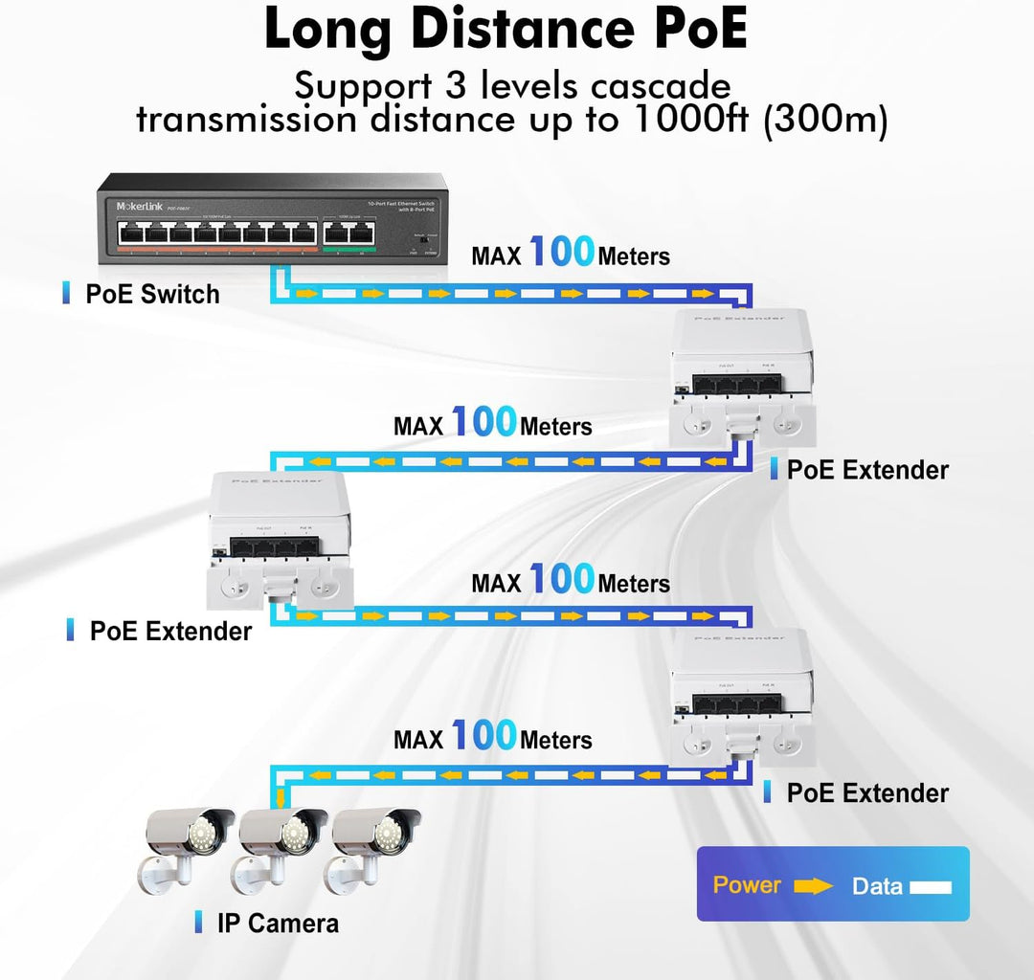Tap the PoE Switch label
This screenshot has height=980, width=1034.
point(151,294)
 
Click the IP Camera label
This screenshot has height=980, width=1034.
point(277,924)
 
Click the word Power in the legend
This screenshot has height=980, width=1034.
point(747,885)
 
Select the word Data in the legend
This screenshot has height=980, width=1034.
point(877,886)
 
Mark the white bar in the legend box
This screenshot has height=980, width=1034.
point(930,887)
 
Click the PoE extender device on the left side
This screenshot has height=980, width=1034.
point(281,540)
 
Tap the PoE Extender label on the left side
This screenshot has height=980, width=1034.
point(169,632)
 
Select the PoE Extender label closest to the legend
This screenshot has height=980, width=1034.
point(866,793)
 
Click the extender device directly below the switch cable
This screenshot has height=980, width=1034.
point(744,379)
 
